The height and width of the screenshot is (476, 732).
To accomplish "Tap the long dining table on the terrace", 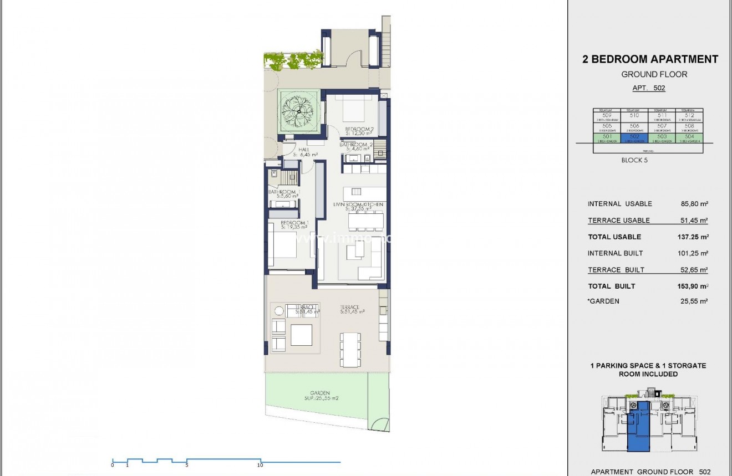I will pyautogui.click(x=350, y=350).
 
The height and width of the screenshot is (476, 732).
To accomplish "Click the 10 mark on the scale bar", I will pyautogui.click(x=260, y=465).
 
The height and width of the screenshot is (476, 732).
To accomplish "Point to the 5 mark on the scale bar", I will pyautogui.click(x=187, y=465).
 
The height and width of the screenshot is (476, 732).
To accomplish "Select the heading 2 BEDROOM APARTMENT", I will pyautogui.click(x=650, y=59).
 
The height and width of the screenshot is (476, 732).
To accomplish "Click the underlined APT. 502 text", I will pyautogui.click(x=649, y=88).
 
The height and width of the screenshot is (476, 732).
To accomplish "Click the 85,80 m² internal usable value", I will pyautogui.click(x=694, y=204).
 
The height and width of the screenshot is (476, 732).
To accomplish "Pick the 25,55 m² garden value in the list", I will pyautogui.click(x=694, y=301).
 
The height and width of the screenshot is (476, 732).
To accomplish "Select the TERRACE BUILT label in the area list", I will pyautogui.click(x=616, y=270).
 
